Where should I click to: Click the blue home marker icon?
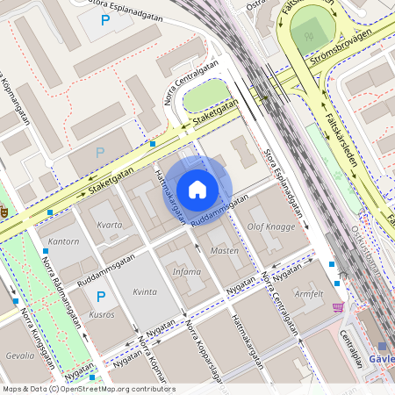coord(197,189)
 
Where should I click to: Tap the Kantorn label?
coord(64,241)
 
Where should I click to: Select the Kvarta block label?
coord(110,226)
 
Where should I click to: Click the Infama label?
coord(186,272)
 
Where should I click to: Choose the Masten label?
coord(225,250)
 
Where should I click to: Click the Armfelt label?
coord(309,293)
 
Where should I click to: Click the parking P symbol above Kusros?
coord(100,297)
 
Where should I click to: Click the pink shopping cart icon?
coord(338,306)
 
